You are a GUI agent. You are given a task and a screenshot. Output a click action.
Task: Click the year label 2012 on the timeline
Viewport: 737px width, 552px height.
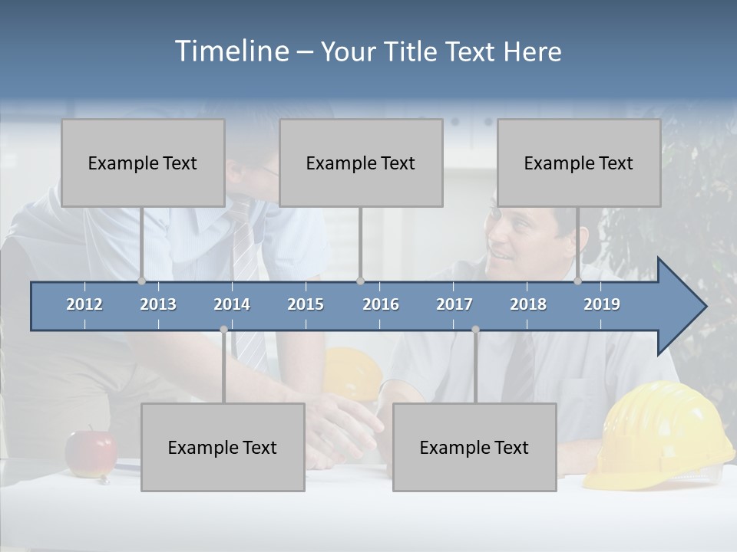[x=84, y=304]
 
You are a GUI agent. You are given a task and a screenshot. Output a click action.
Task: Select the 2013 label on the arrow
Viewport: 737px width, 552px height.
[x=158, y=304]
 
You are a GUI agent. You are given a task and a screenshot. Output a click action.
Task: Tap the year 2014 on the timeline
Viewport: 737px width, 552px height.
[x=232, y=304]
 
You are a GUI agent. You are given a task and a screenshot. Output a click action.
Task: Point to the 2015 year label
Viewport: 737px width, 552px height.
[x=306, y=304]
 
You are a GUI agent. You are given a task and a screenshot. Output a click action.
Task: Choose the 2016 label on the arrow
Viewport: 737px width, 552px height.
[x=381, y=304]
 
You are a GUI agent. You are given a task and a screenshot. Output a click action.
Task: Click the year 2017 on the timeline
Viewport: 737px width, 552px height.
[x=454, y=304]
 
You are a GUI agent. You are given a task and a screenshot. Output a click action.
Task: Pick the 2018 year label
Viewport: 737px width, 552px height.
[x=528, y=304]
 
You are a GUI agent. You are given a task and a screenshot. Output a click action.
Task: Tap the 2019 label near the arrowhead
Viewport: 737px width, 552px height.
[x=602, y=304]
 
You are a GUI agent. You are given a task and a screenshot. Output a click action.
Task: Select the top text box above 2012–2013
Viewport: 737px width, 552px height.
[x=143, y=163]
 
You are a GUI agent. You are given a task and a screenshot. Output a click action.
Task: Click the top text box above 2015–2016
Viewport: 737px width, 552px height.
[x=361, y=163]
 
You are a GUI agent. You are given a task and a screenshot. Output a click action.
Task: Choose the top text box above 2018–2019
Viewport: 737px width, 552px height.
[x=579, y=163]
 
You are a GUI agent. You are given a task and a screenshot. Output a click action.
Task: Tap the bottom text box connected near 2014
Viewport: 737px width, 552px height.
[x=223, y=448]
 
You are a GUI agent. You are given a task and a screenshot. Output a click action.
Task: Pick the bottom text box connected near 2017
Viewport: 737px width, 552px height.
[x=474, y=448]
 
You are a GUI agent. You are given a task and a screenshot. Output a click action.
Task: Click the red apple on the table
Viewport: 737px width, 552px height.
[x=91, y=453]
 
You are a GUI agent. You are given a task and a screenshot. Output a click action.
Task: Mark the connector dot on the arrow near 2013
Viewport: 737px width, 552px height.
[x=141, y=281]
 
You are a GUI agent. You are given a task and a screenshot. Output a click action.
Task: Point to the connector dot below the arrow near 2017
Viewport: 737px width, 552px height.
[x=475, y=330]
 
